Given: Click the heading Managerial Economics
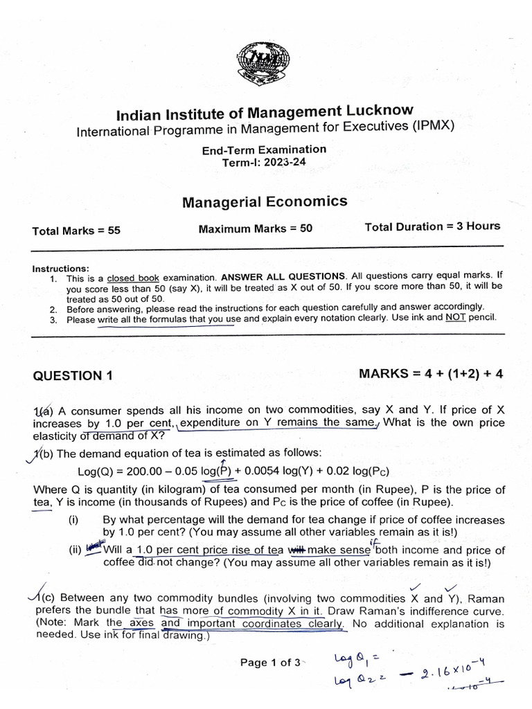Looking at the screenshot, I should click(265, 201).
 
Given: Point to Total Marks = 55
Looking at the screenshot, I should click(76, 231).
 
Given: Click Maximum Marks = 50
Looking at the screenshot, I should click(256, 228).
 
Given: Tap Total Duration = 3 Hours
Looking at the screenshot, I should click(432, 226).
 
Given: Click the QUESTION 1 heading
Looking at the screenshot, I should click(72, 376).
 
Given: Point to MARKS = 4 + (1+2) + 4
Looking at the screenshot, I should click(431, 374).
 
